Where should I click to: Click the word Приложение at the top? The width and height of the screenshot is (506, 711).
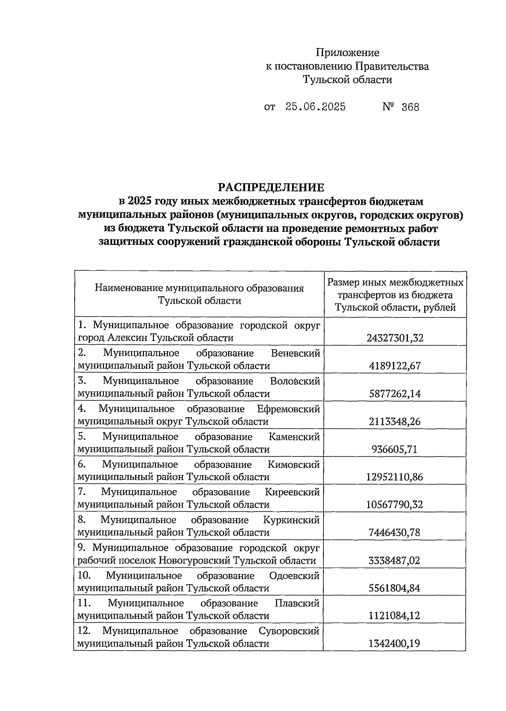[347, 53]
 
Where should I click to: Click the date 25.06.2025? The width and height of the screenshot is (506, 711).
[315, 107]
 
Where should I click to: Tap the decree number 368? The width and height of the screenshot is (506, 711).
[410, 107]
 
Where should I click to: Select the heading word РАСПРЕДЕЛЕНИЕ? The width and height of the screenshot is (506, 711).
[271, 187]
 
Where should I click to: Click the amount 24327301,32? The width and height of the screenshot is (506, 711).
[395, 338]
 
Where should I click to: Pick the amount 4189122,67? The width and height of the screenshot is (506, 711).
[395, 366]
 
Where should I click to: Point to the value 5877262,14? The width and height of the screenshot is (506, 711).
[395, 394]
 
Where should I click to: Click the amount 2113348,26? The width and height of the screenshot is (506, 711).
[395, 421]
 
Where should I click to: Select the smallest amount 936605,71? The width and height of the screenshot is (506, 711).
[395, 449]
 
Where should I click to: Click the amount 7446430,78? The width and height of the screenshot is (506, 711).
[395, 532]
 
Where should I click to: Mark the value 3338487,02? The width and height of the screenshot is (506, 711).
[395, 561]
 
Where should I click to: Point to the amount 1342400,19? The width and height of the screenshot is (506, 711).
[395, 644]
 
